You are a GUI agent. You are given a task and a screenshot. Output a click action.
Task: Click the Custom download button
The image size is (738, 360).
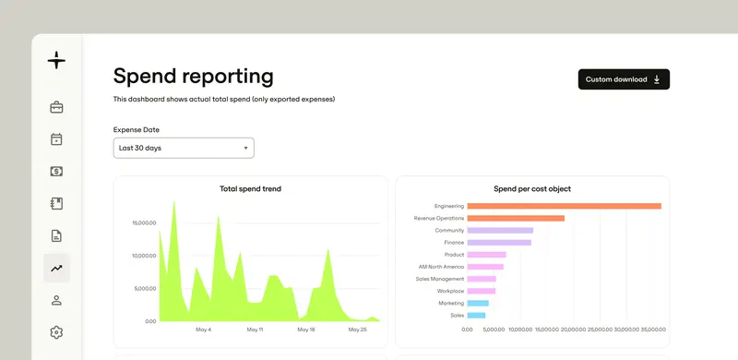click(x=624, y=79)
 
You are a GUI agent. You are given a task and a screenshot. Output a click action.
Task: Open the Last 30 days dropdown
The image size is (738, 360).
click(x=184, y=148)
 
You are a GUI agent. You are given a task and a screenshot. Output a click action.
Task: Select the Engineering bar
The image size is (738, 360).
click(x=565, y=206)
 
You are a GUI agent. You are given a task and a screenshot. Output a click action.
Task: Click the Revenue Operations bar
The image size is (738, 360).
click(x=516, y=218)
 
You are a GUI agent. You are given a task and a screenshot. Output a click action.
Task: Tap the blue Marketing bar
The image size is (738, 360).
click(x=478, y=303)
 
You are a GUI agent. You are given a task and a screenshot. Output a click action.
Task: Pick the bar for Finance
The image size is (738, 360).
click(x=499, y=243)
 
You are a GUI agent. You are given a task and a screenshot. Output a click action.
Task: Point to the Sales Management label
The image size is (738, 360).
click(x=440, y=279)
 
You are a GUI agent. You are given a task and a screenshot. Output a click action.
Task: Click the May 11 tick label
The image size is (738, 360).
click(x=255, y=330)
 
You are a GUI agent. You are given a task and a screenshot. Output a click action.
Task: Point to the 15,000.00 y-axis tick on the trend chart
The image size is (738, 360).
click(x=145, y=222)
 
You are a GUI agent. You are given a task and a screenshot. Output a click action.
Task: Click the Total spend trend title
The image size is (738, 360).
click(x=250, y=189)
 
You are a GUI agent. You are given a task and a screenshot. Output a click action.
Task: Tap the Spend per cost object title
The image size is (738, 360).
click(x=532, y=189)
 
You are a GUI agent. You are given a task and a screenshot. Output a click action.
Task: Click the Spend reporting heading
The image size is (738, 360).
click(x=193, y=76)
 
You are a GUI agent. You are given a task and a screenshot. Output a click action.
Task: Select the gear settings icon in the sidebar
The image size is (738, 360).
click(x=56, y=332)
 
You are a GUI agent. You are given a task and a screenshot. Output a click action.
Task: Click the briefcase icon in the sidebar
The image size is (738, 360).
click(x=56, y=107)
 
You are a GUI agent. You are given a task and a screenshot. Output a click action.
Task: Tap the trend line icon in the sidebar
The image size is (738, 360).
click(x=56, y=268)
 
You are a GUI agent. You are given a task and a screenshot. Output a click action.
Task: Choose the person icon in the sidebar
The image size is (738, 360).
click(x=56, y=300)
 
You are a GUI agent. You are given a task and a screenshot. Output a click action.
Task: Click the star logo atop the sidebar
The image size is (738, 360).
click(x=56, y=60)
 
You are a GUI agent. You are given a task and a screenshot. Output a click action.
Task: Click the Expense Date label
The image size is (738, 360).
click(x=136, y=129)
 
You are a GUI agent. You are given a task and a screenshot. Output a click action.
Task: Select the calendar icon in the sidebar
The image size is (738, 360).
click(x=56, y=139)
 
